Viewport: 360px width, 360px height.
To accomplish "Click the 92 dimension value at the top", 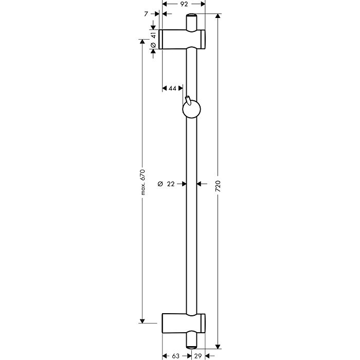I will (x=184, y=4).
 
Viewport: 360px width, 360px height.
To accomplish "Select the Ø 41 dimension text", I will (x=154, y=40).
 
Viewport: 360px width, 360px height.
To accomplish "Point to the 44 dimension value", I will (x=172, y=88).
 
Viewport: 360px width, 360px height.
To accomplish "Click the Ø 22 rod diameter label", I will (x=166, y=184).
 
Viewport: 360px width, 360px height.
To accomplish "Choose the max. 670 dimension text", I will (x=143, y=182).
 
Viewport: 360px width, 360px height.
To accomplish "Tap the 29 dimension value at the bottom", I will (x=199, y=355).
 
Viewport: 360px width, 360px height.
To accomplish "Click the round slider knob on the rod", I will (x=192, y=109).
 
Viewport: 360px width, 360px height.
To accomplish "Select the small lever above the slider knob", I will (x=188, y=99).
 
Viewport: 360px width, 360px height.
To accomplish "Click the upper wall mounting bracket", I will (x=184, y=40).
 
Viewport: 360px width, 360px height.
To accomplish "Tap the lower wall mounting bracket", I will (x=184, y=322).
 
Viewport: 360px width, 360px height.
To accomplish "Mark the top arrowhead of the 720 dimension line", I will (x=219, y=17).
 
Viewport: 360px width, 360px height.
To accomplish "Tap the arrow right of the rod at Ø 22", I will (x=202, y=184).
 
